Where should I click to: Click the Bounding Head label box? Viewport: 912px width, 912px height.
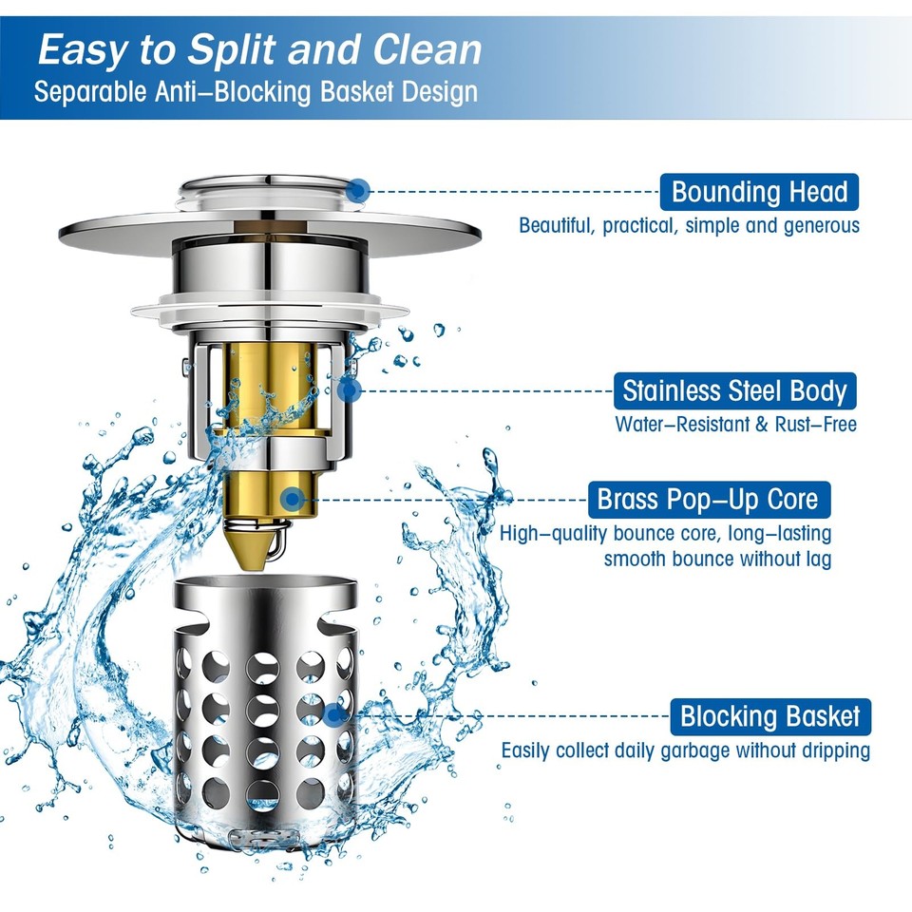click(759, 192)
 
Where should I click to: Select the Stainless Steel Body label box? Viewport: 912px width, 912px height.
click(734, 391)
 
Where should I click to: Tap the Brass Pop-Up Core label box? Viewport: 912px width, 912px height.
click(708, 499)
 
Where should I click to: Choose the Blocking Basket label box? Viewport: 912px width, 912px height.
click(769, 716)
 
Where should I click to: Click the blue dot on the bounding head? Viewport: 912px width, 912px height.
click(359, 190)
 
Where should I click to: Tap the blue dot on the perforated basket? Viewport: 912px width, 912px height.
click(333, 715)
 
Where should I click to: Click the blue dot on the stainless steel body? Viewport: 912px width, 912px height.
click(350, 389)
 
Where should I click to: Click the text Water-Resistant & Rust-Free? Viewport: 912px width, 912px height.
click(735, 425)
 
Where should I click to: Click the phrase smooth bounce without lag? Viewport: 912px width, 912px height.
click(717, 559)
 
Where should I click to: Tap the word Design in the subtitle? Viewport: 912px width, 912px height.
click(440, 93)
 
